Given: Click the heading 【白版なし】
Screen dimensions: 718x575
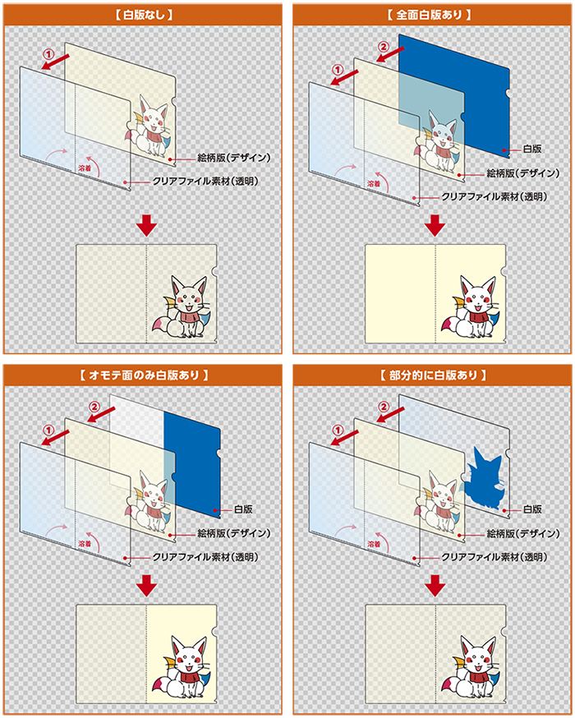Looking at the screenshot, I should coord(144,15).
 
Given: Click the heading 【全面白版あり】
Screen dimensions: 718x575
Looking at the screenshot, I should coord(434,15).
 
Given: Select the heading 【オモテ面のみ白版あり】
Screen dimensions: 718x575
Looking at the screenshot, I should coord(144,375).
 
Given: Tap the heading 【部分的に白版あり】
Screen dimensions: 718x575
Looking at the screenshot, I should coord(434,375).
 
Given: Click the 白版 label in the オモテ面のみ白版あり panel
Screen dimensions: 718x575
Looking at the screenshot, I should coord(243,510).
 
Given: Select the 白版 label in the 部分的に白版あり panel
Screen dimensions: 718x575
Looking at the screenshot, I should coord(532,509).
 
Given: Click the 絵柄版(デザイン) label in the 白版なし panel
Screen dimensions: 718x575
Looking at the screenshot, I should coord(234,157).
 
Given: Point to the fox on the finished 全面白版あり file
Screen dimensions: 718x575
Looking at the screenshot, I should coord(475,307).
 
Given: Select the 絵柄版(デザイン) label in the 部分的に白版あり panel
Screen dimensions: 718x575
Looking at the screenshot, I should coord(523,533).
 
